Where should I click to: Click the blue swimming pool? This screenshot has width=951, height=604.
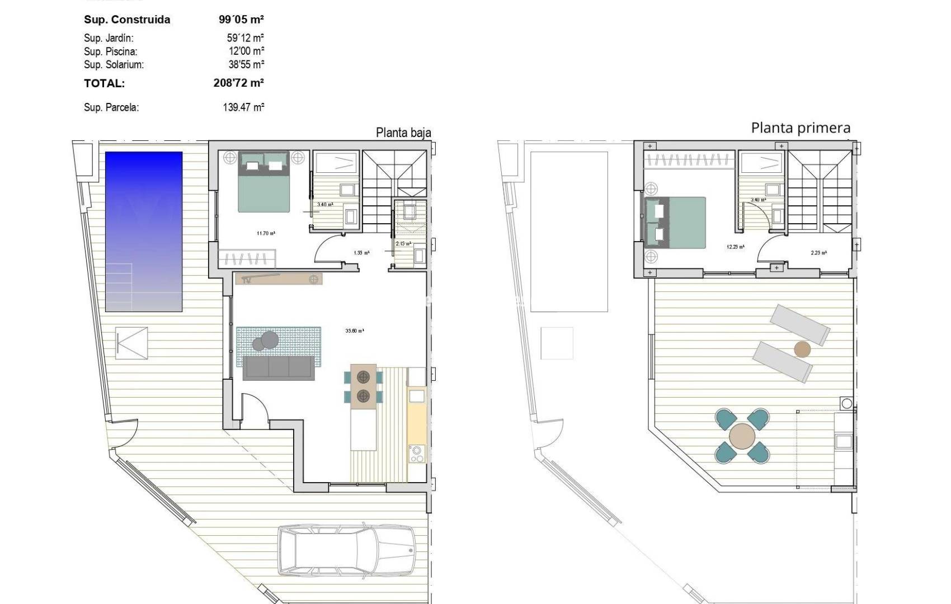pyautogui.click(x=144, y=231)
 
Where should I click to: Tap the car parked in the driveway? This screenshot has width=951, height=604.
pyautogui.click(x=347, y=550)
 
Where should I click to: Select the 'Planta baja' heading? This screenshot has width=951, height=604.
pyautogui.click(x=403, y=133)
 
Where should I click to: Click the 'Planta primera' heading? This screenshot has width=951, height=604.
pyautogui.click(x=801, y=128)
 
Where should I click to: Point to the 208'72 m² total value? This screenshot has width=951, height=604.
pyautogui.click(x=238, y=83)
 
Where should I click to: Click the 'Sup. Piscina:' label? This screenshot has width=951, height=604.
pyautogui.click(x=111, y=51)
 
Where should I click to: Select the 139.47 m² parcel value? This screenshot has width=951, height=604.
pyautogui.click(x=243, y=107)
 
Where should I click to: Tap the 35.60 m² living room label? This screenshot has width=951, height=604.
pyautogui.click(x=355, y=331)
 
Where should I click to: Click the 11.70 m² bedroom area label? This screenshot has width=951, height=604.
pyautogui.click(x=266, y=233)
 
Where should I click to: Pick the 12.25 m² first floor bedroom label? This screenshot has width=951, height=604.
pyautogui.click(x=735, y=247)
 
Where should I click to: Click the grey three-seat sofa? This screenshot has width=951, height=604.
pyautogui.click(x=278, y=368)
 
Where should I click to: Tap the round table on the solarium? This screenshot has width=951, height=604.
pyautogui.click(x=742, y=437)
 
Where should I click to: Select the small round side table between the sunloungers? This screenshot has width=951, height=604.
pyautogui.click(x=802, y=350)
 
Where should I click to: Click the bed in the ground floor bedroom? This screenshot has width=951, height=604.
pyautogui.click(x=264, y=182)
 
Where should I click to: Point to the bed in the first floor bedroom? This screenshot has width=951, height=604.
pyautogui.click(x=675, y=223)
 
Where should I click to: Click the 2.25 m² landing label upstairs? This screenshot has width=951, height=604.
pyautogui.click(x=818, y=253)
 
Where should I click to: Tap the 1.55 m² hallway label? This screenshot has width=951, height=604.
pyautogui.click(x=361, y=253)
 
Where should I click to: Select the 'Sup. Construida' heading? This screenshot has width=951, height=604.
pyautogui.click(x=127, y=20)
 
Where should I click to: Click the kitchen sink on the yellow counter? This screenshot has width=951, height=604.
pyautogui.click(x=417, y=397)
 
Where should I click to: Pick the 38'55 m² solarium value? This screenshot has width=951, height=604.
pyautogui.click(x=246, y=64)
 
